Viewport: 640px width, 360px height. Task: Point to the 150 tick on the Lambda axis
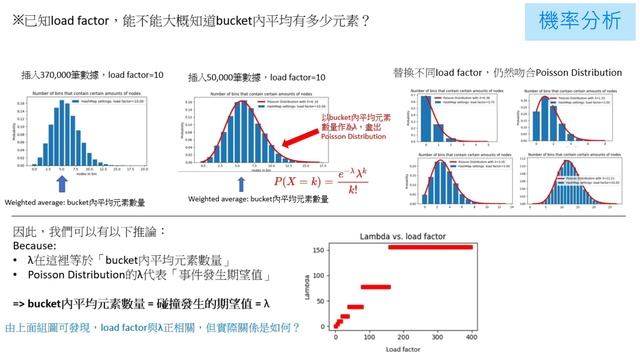coord(320,248)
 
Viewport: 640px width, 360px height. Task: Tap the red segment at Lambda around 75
coord(375,286)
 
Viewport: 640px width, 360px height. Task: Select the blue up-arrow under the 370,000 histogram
coord(61,183)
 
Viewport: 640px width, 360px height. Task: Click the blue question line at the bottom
coord(151,326)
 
